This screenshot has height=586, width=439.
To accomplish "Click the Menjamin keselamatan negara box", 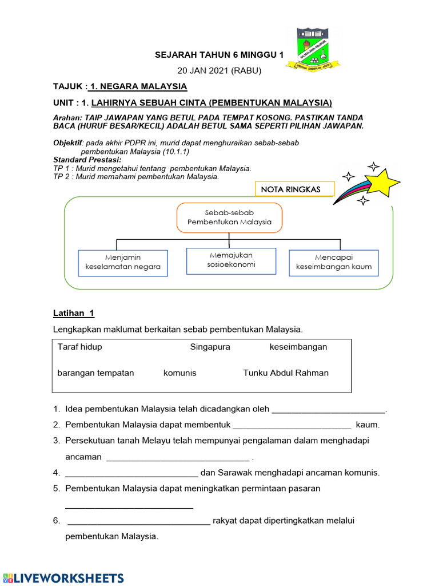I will [123, 263].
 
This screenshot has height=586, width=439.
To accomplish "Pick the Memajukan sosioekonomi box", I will [231, 260].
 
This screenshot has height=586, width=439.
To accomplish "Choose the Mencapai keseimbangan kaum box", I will [333, 263].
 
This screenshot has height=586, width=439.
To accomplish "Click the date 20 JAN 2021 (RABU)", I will [219, 70].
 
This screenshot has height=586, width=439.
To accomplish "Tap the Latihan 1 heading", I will [74, 313].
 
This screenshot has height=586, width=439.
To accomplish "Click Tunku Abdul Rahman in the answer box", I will [286, 373].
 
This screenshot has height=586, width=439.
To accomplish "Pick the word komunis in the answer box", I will [179, 373].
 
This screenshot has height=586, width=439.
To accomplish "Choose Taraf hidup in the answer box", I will [79, 347].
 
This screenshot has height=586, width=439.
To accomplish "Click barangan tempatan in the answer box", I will [95, 373].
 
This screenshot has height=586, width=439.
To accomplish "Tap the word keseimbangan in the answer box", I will [298, 347].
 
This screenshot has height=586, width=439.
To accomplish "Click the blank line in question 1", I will [329, 410].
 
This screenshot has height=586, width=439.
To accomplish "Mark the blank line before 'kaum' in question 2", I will [292, 425].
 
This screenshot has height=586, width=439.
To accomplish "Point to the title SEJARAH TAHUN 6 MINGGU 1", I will [219, 55].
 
